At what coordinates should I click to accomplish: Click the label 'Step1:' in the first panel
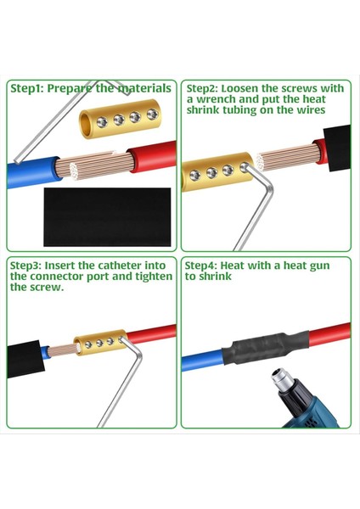tap(28, 87)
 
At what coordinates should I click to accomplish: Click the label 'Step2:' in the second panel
tap(205, 87)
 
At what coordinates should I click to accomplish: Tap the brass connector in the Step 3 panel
tap(98, 344)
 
